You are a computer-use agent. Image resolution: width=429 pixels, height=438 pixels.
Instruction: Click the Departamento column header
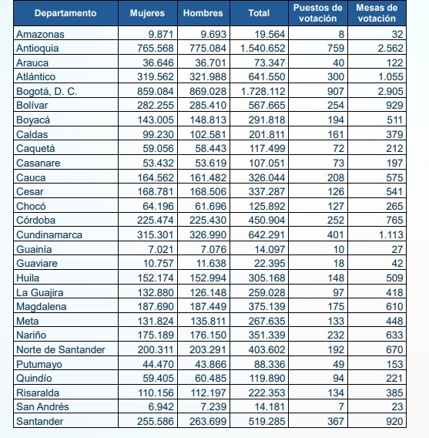[65, 13]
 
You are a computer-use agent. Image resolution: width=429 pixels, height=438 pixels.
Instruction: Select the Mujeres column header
[147, 13]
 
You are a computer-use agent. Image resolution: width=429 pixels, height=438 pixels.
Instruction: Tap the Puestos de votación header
[317, 13]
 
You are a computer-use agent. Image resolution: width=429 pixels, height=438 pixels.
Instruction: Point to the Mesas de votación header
[377, 13]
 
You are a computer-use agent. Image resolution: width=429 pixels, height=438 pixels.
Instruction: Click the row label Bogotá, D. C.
[46, 91]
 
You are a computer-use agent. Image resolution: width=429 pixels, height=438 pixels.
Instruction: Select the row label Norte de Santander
[61, 349]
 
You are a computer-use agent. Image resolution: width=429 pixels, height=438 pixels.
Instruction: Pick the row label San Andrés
[42, 406]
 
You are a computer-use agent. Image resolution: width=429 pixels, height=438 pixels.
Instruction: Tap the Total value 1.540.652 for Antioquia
[263, 48]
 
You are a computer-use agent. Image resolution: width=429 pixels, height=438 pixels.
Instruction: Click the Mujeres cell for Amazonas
[161, 34]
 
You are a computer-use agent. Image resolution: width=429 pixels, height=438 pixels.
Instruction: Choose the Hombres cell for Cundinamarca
[208, 234]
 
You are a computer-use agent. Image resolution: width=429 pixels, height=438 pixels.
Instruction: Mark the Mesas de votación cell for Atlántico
[390, 77]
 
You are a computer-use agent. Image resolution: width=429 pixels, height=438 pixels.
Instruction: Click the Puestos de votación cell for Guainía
[339, 249]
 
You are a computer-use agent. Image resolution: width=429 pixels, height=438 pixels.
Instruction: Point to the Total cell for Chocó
[267, 206]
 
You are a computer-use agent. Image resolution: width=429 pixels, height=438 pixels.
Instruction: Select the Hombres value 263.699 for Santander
[208, 421]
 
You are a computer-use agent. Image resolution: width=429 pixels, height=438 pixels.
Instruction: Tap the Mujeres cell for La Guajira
[156, 292]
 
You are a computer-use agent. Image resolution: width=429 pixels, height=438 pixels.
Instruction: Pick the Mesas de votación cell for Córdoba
[394, 220]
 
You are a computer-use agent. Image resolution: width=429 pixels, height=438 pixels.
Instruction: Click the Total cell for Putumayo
[270, 364]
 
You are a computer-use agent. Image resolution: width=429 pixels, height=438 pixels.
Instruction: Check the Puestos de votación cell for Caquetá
[339, 148]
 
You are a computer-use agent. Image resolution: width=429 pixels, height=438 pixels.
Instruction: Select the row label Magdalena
[42, 306]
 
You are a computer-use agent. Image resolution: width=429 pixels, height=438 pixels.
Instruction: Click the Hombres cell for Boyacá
[208, 120]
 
